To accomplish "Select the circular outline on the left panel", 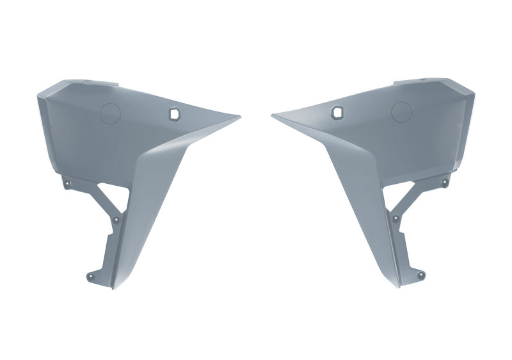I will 111,113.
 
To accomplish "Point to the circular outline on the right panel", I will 401,112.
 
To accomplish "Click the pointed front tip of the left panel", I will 239,117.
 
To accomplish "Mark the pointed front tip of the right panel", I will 273,116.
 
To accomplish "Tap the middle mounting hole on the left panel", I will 115,219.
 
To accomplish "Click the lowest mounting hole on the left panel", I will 89,277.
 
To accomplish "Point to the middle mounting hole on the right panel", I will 396,218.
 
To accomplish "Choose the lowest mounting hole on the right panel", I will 422,275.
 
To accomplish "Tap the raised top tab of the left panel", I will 96,83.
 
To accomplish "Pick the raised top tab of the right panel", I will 416,83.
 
